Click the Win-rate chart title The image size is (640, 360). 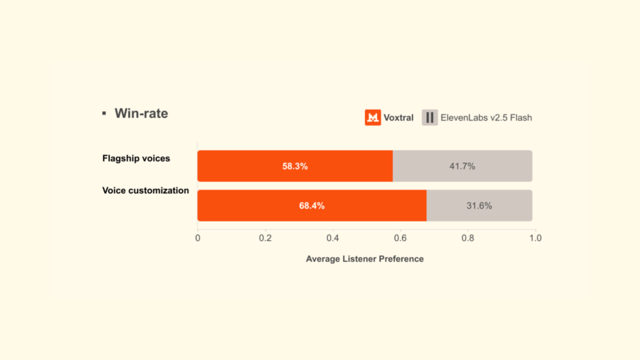[x=141, y=114]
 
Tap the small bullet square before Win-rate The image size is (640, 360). [x=104, y=113]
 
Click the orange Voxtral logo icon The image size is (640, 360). [x=373, y=117]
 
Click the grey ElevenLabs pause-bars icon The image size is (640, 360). [x=429, y=117]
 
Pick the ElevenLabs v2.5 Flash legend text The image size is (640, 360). [x=486, y=117]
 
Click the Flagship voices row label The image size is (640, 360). [x=136, y=158]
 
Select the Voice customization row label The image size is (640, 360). [x=145, y=190]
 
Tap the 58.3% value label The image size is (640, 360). [x=294, y=166]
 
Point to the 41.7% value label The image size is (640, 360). [x=462, y=166]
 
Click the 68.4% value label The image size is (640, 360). [x=311, y=206]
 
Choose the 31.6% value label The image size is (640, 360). [x=479, y=206]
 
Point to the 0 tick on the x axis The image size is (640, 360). [x=197, y=238]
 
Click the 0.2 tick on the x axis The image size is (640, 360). [x=265, y=238]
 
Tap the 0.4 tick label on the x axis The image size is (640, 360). [x=332, y=238]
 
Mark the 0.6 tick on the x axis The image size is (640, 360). [x=400, y=238]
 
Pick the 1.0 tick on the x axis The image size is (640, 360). [x=535, y=238]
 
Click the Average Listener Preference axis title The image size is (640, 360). [x=364, y=259]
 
